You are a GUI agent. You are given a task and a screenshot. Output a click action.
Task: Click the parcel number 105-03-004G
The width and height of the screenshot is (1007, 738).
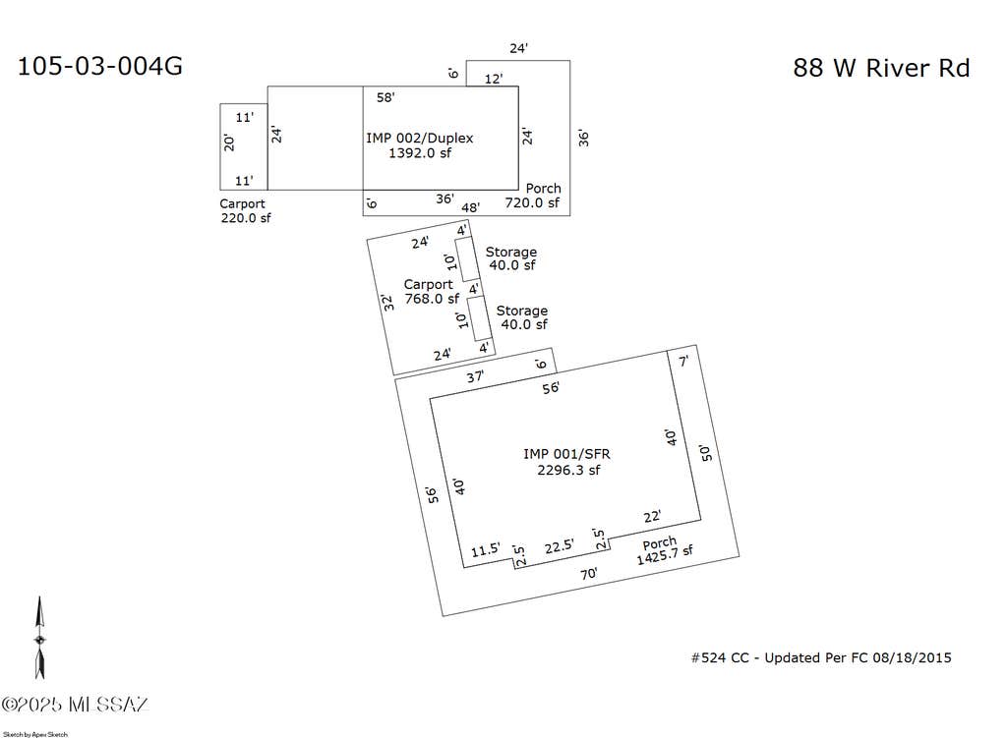tap(99, 66)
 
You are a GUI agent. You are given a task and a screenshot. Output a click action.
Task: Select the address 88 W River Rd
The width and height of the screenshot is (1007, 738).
tap(881, 68)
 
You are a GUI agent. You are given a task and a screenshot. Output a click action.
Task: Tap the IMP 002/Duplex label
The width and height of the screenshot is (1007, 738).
tap(419, 138)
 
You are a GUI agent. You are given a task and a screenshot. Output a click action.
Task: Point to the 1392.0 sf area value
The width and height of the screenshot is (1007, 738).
tap(419, 152)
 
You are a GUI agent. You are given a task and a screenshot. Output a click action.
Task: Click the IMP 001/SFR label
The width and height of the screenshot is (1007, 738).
tap(566, 454)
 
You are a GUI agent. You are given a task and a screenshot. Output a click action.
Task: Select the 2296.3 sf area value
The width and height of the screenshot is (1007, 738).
tap(568, 470)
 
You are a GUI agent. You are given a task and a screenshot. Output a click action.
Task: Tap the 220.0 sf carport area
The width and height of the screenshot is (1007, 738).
tap(246, 218)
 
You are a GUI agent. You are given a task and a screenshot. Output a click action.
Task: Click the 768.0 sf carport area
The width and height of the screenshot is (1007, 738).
tap(432, 299)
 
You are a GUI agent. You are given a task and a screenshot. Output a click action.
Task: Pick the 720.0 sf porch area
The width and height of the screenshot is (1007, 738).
tap(532, 202)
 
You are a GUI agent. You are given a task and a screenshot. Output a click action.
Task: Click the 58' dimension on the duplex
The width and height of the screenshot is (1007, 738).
tap(385, 97)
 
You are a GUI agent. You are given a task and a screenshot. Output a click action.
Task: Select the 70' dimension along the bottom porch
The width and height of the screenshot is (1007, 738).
tap(589, 574)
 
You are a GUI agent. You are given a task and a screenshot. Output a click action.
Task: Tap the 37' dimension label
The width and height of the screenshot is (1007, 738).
tap(475, 376)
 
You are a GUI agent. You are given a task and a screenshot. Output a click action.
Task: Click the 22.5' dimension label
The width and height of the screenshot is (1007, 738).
tap(560, 546)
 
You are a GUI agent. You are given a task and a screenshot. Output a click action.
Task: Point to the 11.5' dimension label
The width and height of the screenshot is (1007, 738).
tap(485, 550)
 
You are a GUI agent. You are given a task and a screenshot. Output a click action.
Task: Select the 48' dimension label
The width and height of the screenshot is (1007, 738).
tap(470, 207)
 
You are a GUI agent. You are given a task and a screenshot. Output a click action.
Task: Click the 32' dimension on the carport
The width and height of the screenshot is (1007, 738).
tap(387, 303)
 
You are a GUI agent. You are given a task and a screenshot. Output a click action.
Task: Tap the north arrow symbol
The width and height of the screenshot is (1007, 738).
tap(39, 638)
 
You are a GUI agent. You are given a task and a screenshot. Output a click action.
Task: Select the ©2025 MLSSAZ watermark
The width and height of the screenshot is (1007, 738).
tap(75, 704)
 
